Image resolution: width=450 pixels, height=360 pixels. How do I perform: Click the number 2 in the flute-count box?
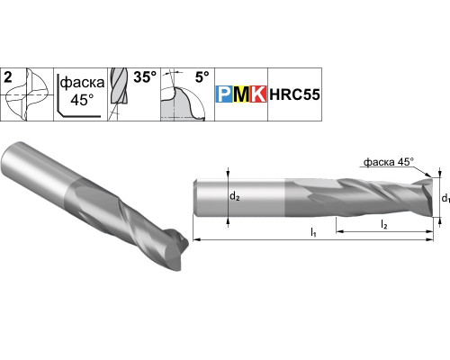(x=8, y=77)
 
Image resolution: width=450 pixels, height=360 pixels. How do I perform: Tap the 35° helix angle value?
(x=145, y=77)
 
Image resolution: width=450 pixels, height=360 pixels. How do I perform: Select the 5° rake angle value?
(x=202, y=77)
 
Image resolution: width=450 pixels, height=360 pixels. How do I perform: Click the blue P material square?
(x=224, y=94)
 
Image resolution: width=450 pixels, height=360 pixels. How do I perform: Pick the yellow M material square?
(x=241, y=94)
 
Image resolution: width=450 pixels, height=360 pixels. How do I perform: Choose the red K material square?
(x=258, y=94)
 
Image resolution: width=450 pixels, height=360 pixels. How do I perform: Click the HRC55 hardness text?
(x=294, y=94)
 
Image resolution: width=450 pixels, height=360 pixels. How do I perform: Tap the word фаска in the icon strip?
(x=82, y=83)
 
